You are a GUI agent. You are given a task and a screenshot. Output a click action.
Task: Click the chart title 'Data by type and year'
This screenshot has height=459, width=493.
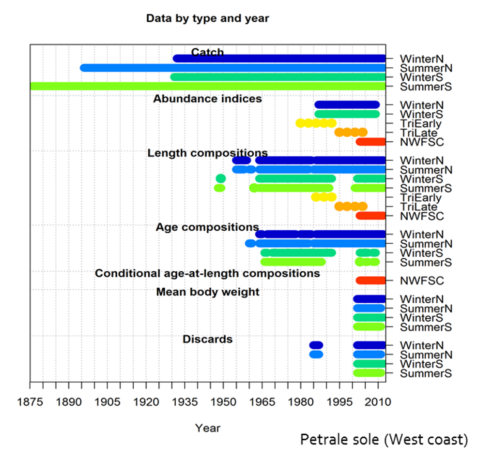pyautogui.click(x=207, y=19)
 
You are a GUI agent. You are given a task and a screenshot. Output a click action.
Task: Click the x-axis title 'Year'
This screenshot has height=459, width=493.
pyautogui.click(x=208, y=428)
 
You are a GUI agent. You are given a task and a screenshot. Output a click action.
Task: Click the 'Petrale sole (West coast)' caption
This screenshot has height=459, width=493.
pyautogui.click(x=384, y=440)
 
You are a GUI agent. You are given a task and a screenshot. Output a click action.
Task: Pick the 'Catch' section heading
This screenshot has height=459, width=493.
pyautogui.click(x=207, y=52)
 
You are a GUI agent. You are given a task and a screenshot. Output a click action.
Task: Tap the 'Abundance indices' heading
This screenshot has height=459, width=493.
pyautogui.click(x=207, y=99)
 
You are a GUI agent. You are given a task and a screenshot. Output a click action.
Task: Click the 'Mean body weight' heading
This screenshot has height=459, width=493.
pyautogui.click(x=207, y=292)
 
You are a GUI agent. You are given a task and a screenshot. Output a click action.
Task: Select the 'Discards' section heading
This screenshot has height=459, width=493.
pyautogui.click(x=207, y=339)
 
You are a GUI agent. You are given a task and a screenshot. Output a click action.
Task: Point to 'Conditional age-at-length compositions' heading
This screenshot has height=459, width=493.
pyautogui.click(x=207, y=273)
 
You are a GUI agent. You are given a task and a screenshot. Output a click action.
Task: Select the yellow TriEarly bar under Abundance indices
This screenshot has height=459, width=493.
pyautogui.click(x=316, y=123)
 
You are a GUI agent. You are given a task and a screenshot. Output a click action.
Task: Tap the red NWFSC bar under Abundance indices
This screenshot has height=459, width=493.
pyautogui.click(x=371, y=142)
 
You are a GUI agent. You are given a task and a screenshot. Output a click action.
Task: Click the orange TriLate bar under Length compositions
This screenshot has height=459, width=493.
pyautogui.click(x=351, y=207)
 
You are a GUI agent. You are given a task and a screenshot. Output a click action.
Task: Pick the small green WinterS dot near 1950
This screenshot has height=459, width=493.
pyautogui.click(x=220, y=178)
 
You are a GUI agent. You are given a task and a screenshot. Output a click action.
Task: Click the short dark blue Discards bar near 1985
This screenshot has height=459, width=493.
pyautogui.click(x=316, y=345)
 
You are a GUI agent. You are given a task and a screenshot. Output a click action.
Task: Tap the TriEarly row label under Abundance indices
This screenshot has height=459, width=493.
pyautogui.click(x=421, y=123)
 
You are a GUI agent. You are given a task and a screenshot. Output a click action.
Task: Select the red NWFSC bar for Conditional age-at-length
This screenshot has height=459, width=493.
pyautogui.click(x=371, y=281)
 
